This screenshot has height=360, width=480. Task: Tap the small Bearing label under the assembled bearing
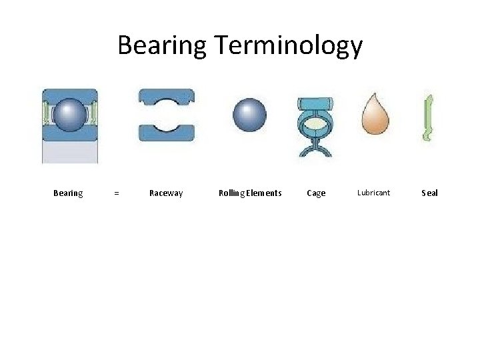click(x=68, y=193)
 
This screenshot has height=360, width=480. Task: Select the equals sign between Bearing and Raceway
click(x=117, y=193)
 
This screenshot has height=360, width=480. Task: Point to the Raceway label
click(x=166, y=193)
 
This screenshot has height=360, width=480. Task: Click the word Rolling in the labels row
click(x=231, y=193)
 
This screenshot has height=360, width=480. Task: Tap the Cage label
click(x=316, y=193)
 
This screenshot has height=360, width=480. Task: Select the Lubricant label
click(x=373, y=193)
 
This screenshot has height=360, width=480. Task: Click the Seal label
click(x=430, y=193)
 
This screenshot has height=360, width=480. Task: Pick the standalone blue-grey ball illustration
click(x=249, y=114)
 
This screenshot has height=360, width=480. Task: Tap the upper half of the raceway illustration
click(x=166, y=98)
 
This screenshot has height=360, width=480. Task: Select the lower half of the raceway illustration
click(x=166, y=131)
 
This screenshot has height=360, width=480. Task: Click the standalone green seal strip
click(x=428, y=118)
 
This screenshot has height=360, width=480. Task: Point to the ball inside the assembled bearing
click(x=69, y=115)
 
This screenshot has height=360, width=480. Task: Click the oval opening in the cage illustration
click(x=315, y=123)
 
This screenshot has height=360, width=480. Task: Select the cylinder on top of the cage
click(x=315, y=104)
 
